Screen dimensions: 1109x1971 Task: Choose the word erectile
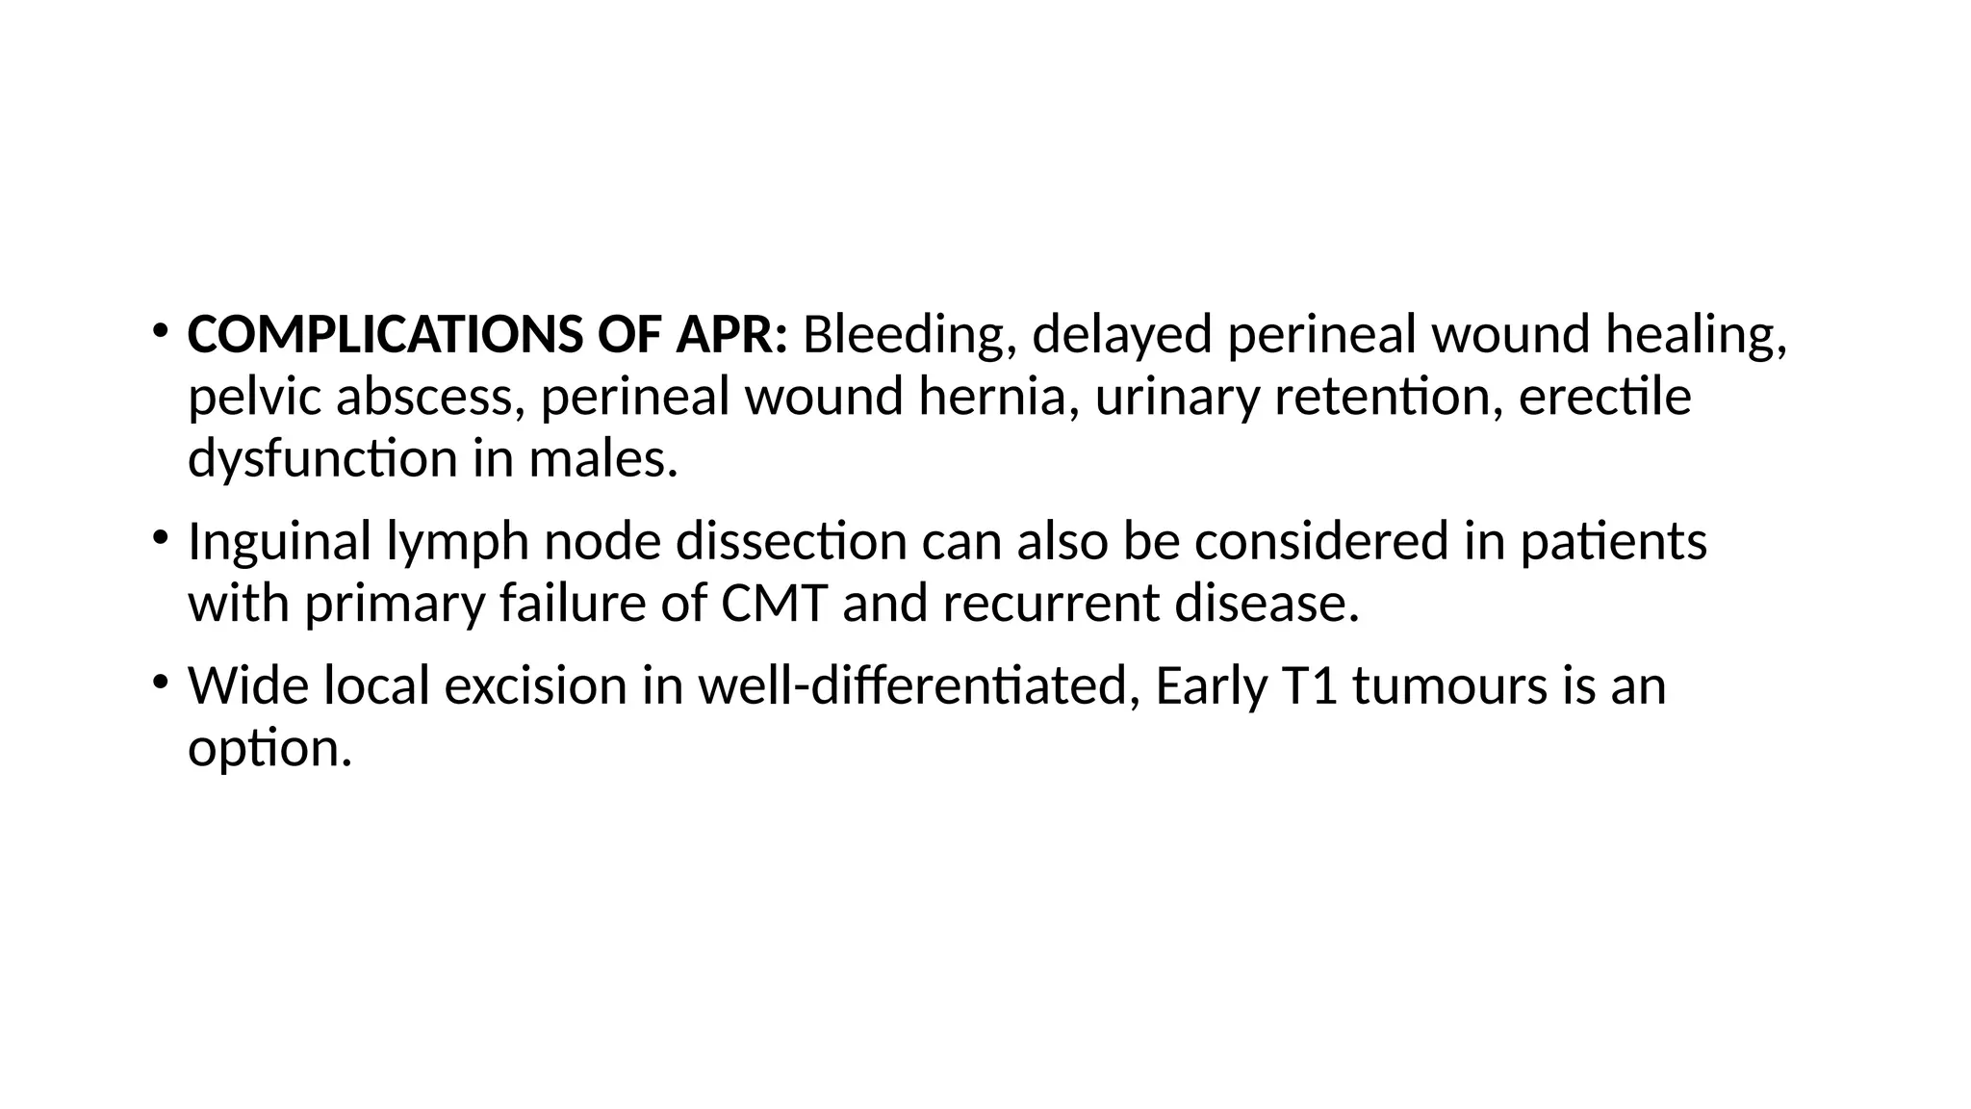[1604, 397]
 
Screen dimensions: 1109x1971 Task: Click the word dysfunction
[322, 458]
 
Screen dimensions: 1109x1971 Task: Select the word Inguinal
[279, 541]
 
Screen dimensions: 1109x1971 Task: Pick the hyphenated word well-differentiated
[912, 685]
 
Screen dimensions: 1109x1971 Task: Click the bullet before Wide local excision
[159, 682]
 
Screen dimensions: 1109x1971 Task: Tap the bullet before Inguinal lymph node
[159, 537]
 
